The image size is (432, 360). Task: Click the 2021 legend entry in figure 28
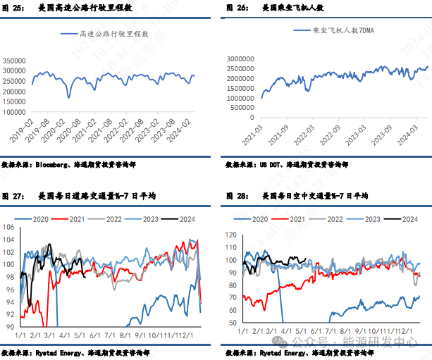click(304, 219)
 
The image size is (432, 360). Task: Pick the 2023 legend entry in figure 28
click(375, 219)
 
